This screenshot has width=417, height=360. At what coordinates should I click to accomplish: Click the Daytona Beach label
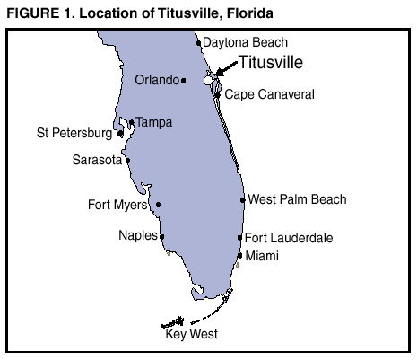click(x=245, y=42)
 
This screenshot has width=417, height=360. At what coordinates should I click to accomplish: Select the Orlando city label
click(x=156, y=80)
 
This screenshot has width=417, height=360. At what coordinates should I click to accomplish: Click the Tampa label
click(x=153, y=122)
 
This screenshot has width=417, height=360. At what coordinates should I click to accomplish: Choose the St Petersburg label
click(x=74, y=134)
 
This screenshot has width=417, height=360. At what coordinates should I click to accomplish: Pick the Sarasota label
click(x=97, y=161)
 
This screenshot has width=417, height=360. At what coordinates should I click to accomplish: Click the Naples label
click(x=138, y=236)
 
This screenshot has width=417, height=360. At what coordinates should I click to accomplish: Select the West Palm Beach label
click(x=296, y=199)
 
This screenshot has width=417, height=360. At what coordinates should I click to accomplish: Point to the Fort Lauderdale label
click(x=289, y=238)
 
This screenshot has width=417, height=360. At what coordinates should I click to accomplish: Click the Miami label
click(x=262, y=256)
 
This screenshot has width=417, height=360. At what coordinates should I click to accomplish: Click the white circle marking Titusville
click(x=209, y=80)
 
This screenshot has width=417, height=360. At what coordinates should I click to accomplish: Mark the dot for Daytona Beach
click(x=198, y=42)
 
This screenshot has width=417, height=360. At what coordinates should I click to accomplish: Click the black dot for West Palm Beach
click(x=242, y=200)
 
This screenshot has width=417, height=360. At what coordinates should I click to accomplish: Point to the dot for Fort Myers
click(x=159, y=205)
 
